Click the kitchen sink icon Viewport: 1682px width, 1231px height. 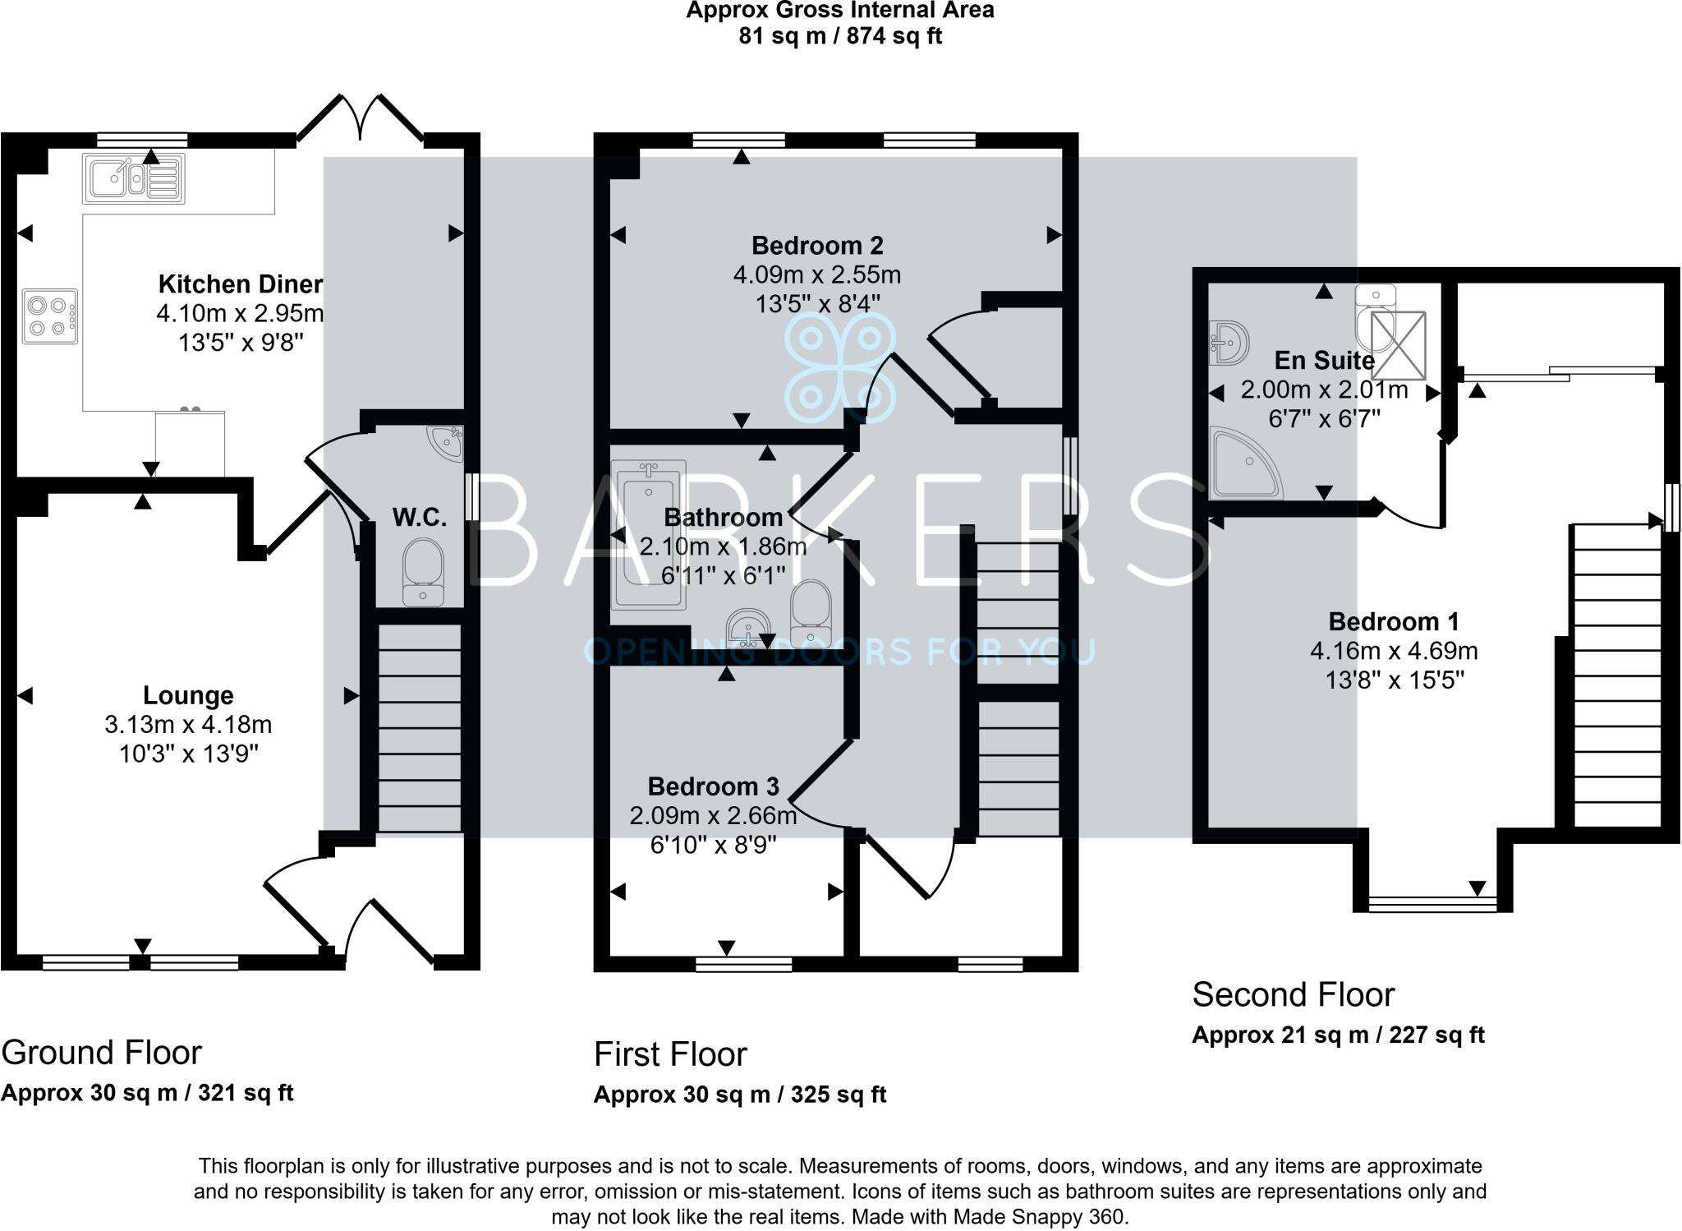(x=134, y=178)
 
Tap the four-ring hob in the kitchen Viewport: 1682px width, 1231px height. (x=50, y=316)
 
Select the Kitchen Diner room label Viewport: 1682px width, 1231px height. (x=240, y=284)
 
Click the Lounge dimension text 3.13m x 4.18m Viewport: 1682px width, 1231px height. (x=188, y=725)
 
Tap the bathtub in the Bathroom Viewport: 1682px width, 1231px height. (x=649, y=534)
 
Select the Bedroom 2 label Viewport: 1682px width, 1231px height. (x=817, y=246)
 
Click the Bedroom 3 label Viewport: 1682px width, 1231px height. (x=713, y=786)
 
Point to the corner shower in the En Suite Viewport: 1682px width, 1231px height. (x=1245, y=463)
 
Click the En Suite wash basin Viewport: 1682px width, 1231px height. (x=1229, y=342)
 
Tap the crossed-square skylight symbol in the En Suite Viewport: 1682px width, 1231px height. (x=1399, y=345)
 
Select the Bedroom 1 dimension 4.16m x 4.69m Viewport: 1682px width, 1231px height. (x=1394, y=651)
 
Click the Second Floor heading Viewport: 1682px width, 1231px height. (x=1293, y=994)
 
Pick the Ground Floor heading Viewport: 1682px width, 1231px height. (x=102, y=1052)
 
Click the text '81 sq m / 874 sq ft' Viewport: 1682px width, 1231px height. (x=840, y=36)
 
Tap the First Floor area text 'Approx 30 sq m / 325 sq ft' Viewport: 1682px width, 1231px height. (x=740, y=1095)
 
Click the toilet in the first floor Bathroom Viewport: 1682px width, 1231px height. (x=811, y=612)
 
